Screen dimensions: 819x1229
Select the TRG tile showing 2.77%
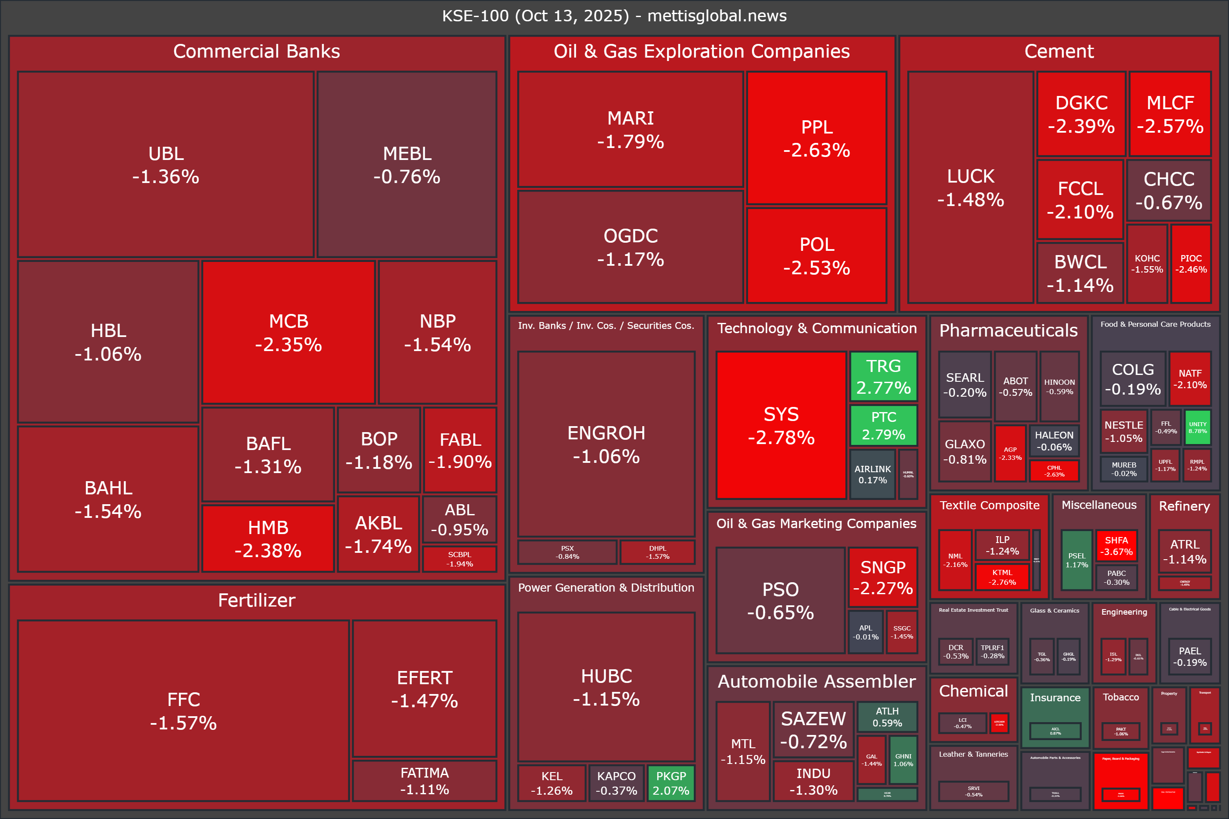tap(883, 377)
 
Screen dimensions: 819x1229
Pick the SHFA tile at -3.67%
tap(1116, 546)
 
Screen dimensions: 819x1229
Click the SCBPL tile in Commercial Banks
tap(459, 559)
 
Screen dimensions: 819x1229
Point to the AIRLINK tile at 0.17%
tap(872, 474)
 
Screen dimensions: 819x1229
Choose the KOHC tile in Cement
tap(1147, 264)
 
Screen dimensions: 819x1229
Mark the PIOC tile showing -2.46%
tap(1191, 264)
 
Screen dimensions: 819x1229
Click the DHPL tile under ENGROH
tap(657, 552)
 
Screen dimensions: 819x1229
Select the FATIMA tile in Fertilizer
tap(424, 781)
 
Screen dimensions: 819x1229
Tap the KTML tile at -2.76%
tap(1002, 577)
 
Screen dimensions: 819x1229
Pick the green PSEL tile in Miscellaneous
tap(1077, 560)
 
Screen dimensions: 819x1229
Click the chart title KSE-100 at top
tap(614, 16)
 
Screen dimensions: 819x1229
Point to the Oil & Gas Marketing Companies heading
tap(816, 523)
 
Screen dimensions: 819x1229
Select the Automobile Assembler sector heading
tap(816, 681)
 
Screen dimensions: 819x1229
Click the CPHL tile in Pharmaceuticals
tap(1054, 470)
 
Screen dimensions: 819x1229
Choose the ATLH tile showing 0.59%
tap(887, 717)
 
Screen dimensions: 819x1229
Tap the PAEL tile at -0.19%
tap(1190, 656)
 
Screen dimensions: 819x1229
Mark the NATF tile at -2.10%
tap(1190, 379)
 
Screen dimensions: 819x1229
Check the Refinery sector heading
tap(1184, 506)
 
